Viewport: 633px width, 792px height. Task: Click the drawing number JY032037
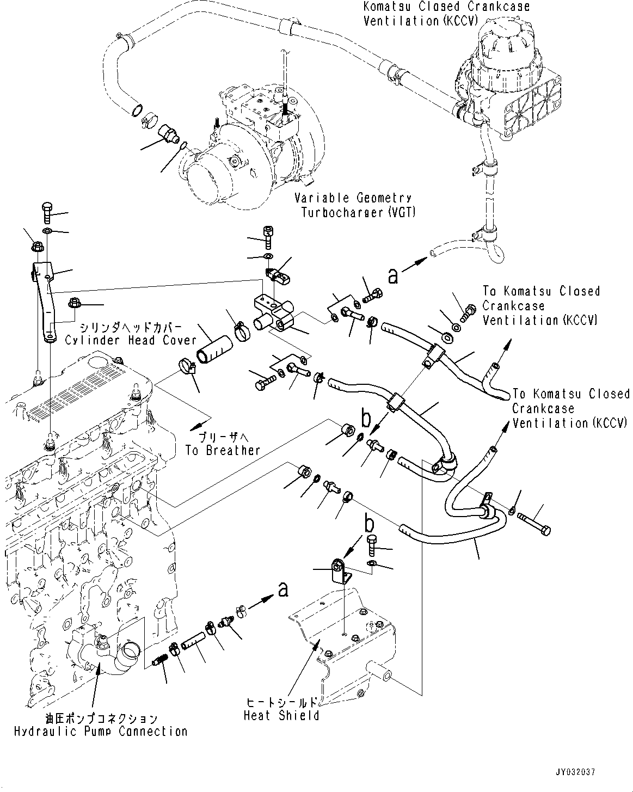[575, 772]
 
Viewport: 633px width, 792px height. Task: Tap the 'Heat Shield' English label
[281, 715]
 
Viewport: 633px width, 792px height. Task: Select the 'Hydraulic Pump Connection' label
[101, 732]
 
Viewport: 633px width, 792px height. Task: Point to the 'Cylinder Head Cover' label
[131, 340]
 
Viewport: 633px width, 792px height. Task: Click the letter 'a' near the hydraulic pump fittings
[282, 589]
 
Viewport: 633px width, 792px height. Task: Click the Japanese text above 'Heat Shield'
[281, 701]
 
